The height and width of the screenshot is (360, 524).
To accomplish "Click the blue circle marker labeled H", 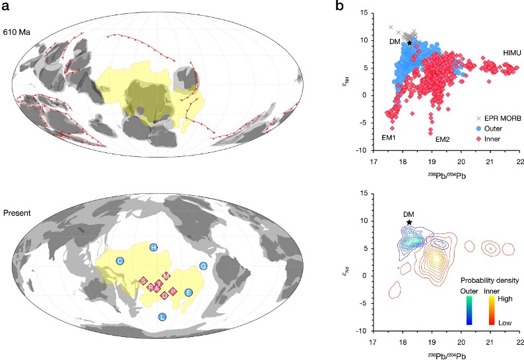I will coord(154,247).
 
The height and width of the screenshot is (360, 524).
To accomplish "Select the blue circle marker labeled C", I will coord(121,261).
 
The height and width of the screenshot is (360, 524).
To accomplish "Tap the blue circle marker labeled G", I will coord(203,266).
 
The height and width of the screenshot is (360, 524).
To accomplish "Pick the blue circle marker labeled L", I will coord(162,317).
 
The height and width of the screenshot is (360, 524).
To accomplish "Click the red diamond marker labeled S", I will coord(143,281).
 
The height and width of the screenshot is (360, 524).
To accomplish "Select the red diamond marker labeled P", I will coord(173,291).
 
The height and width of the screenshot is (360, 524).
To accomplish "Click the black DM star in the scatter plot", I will coord(410,43).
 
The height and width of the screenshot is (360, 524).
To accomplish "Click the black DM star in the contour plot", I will coord(410,222).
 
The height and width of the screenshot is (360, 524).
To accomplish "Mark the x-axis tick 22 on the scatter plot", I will coord(520,161).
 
